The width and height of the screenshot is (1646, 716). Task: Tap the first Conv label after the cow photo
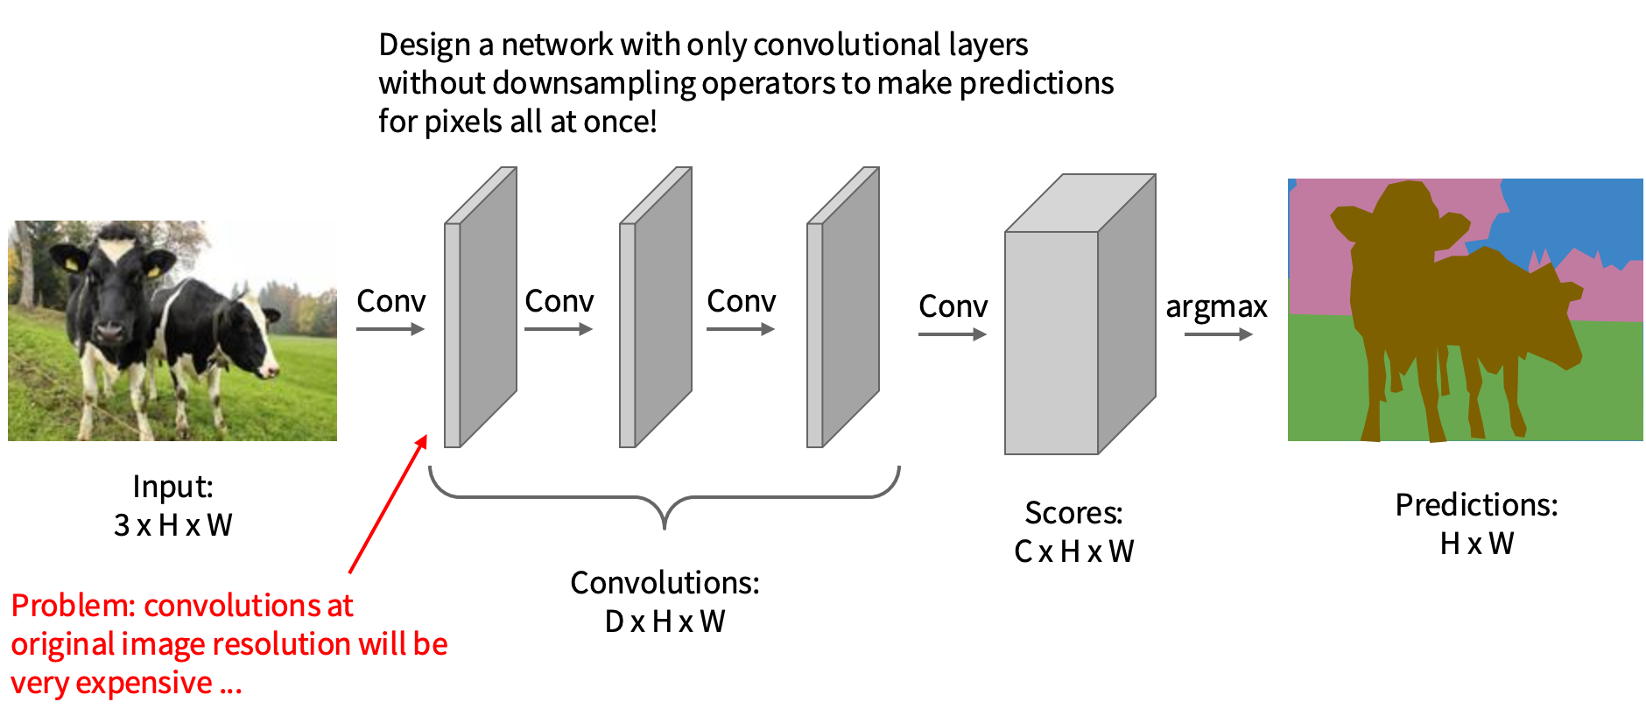click(390, 301)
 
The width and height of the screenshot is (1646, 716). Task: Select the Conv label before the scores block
click(953, 306)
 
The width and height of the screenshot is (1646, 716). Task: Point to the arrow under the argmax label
click(1218, 334)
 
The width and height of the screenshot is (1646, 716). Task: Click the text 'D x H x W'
click(665, 621)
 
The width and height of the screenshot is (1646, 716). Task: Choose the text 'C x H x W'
click(1073, 551)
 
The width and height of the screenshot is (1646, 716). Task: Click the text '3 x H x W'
click(172, 525)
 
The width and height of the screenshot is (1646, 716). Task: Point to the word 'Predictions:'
click(1476, 505)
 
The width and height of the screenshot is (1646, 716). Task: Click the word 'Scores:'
click(1073, 512)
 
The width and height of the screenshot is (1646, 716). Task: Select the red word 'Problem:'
click(74, 606)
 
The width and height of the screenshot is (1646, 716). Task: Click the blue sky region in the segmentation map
click(1567, 214)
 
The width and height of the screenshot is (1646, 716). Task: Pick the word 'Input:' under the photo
click(172, 487)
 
